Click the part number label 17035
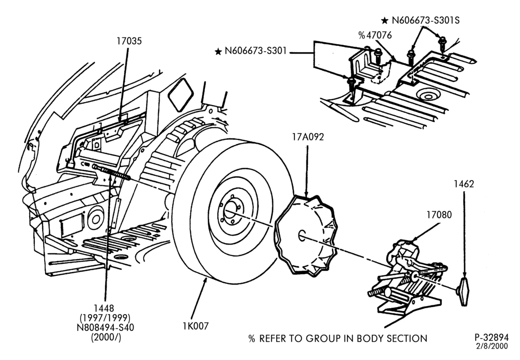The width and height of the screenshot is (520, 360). coord(129,41)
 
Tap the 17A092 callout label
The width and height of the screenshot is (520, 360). coord(308,137)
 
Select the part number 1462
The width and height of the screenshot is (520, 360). coord(464,184)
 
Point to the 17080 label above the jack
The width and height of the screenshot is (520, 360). coord(439,215)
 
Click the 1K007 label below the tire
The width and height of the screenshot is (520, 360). coord(196,326)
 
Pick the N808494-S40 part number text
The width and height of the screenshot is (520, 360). coord(105,327)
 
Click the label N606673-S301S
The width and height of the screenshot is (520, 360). coord(425,20)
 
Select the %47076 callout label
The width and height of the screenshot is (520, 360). coord(375,35)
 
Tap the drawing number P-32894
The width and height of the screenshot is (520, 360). coord(491,338)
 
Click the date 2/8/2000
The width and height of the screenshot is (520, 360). coord(492,346)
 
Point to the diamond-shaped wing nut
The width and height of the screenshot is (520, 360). coord(464,292)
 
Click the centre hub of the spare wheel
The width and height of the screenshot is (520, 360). coord(230,210)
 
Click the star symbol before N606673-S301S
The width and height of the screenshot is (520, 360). coord(385,21)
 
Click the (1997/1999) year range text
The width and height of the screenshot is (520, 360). coord(105,318)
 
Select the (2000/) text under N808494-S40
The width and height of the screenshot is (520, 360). coord(106,338)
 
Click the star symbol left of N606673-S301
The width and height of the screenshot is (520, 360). coord(218,52)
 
